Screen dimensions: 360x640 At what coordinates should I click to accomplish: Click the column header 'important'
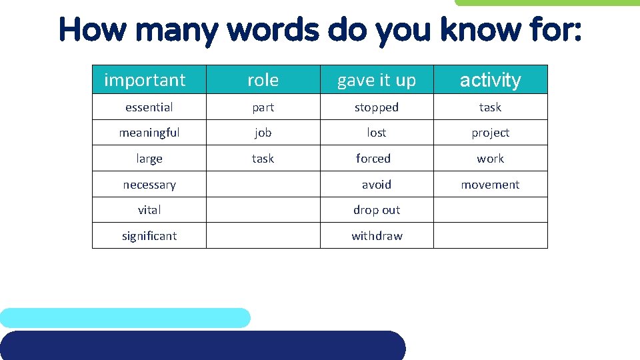click(145, 80)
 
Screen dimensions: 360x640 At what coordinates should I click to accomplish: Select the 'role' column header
click(263, 80)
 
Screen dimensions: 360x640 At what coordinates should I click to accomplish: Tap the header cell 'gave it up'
click(376, 80)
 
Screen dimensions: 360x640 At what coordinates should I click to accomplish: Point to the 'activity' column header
click(490, 80)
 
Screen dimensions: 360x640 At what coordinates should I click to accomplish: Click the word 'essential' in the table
click(149, 107)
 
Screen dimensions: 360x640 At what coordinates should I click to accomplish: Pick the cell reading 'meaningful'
click(149, 133)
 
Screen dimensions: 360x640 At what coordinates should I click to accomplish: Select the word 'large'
click(149, 159)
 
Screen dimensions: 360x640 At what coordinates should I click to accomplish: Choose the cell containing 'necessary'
click(149, 185)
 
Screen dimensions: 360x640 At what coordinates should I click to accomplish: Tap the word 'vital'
click(149, 210)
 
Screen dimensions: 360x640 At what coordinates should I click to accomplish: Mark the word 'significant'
click(149, 236)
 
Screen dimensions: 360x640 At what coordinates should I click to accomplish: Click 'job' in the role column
click(263, 133)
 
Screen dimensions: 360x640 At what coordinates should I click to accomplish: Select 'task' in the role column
click(263, 159)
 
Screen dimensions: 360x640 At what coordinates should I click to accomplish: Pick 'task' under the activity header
click(490, 107)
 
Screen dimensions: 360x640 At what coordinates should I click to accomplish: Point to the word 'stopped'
click(376, 107)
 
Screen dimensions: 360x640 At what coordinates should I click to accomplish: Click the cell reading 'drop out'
click(376, 210)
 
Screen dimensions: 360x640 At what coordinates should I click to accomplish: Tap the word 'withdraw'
click(377, 236)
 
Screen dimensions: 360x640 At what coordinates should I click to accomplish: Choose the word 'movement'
click(490, 185)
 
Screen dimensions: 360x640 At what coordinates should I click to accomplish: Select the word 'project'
click(490, 133)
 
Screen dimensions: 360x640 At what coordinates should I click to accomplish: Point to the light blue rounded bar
click(125, 318)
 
